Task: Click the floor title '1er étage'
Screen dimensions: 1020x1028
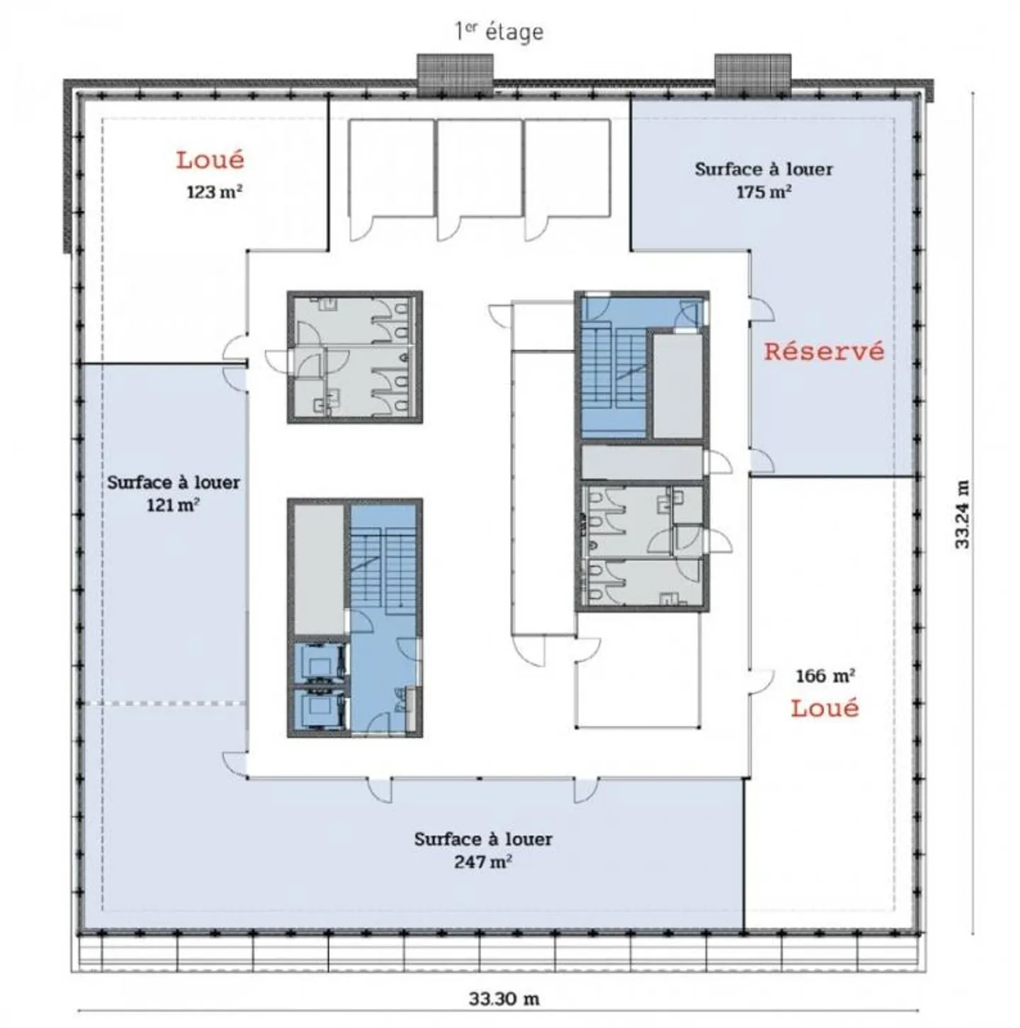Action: click(499, 32)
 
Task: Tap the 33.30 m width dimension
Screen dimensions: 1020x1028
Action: click(504, 998)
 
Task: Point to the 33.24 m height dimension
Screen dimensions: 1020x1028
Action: click(961, 514)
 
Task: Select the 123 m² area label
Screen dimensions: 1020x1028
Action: click(215, 191)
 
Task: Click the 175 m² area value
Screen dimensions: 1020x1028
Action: click(764, 191)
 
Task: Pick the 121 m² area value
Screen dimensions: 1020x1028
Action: click(174, 504)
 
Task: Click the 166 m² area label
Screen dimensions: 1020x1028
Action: click(826, 676)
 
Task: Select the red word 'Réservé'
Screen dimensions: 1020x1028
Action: click(824, 351)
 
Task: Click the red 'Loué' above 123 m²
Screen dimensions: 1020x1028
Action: click(210, 159)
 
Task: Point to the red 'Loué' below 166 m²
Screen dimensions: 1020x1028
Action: click(824, 708)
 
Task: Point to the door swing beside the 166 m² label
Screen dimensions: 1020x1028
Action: click(761, 682)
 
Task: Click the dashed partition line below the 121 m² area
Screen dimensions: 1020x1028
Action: click(165, 703)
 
